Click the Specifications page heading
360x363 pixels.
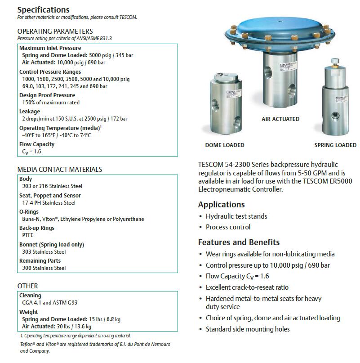44,9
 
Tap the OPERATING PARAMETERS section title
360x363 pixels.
55,31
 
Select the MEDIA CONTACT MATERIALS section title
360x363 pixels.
59,170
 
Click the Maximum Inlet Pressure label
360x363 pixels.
50,48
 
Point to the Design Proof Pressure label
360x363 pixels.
47,95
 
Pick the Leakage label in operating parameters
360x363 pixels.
30,112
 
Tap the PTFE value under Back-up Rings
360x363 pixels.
28,235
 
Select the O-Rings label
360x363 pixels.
29,212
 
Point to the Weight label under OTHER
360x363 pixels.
29,312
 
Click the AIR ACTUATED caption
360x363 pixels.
280,119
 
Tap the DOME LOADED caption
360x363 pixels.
225,145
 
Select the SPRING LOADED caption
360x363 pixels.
335,145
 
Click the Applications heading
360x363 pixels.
222,205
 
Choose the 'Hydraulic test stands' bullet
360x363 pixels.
236,216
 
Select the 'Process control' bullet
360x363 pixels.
228,227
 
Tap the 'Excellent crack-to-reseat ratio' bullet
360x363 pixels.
247,287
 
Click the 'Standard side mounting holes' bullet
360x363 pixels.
248,329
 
